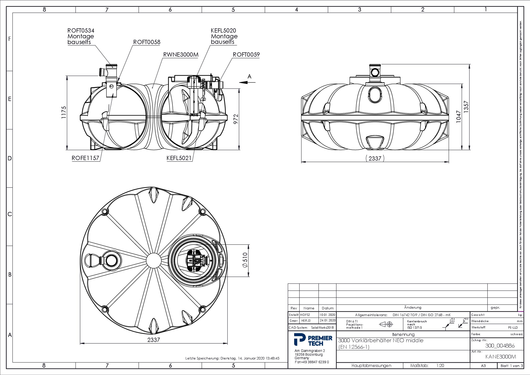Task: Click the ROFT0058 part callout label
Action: (x=146, y=42)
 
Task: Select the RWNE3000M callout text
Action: (x=181, y=55)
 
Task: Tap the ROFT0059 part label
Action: (x=246, y=55)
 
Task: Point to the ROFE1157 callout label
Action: (x=85, y=158)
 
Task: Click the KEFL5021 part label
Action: (x=179, y=158)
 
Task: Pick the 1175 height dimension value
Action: (x=64, y=112)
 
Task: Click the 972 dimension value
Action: (x=236, y=119)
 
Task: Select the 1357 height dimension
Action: (x=466, y=107)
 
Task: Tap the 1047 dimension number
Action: (x=458, y=116)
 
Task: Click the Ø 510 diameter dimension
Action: (x=245, y=260)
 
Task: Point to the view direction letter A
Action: (x=249, y=76)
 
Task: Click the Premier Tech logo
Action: (x=313, y=340)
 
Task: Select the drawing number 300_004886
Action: (x=500, y=346)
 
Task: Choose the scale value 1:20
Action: (x=440, y=365)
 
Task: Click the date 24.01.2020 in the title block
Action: (x=327, y=320)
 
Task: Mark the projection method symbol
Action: (x=386, y=324)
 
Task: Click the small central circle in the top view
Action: (x=153, y=261)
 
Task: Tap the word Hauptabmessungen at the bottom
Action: (x=371, y=365)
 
